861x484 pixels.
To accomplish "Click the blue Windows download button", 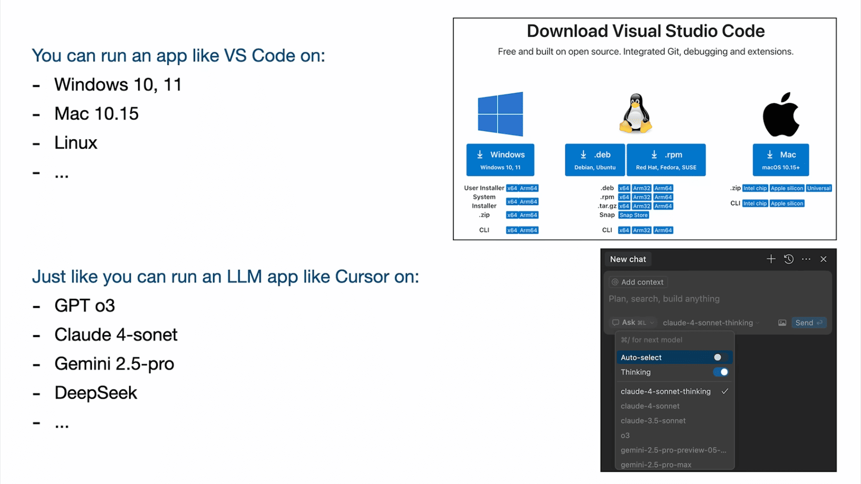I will [500, 160].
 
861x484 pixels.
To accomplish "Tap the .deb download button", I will [595, 160].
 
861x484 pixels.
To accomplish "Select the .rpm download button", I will [666, 160].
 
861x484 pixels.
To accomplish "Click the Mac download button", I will [780, 160].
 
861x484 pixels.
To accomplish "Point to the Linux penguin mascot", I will [636, 113].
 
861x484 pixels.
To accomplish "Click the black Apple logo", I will [781, 114].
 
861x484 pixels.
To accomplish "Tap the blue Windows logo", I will [500, 114].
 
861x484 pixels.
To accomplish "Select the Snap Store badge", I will [633, 215].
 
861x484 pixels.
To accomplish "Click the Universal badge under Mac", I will [819, 188].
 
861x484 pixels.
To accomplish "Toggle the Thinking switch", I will [721, 372].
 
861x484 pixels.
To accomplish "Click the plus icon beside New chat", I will [771, 259].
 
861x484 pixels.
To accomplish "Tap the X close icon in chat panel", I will [823, 259].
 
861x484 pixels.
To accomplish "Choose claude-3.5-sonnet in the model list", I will [653, 420].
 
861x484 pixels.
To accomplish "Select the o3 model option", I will [625, 436].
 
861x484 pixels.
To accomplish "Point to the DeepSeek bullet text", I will [96, 393].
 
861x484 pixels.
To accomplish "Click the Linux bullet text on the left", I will [76, 143].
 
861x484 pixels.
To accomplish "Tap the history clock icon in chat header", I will [788, 259].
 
